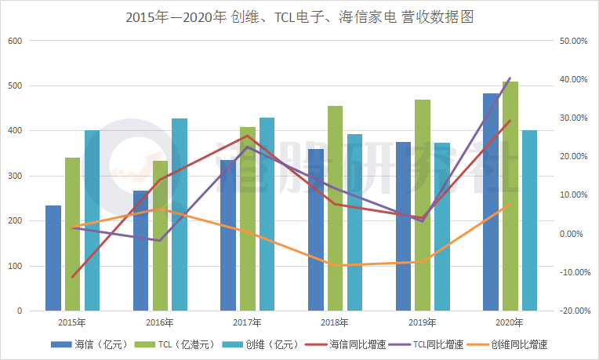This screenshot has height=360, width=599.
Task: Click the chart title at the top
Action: click(x=299, y=16)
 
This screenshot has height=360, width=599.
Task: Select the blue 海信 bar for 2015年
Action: click(x=53, y=259)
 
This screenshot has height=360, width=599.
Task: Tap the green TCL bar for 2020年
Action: click(x=510, y=196)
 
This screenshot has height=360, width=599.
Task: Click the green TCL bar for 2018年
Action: click(x=335, y=209)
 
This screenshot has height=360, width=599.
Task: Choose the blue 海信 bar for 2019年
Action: click(x=403, y=227)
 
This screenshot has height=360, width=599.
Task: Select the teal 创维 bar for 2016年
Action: click(x=180, y=215)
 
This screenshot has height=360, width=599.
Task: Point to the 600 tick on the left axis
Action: click(x=16, y=41)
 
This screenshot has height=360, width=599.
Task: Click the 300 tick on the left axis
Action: click(x=16, y=176)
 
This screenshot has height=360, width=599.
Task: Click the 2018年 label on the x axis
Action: click(x=335, y=322)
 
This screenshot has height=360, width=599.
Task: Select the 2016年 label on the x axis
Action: click(x=159, y=322)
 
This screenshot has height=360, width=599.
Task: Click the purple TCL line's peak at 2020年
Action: click(x=510, y=78)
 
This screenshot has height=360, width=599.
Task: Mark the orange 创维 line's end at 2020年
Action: click(x=510, y=205)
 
